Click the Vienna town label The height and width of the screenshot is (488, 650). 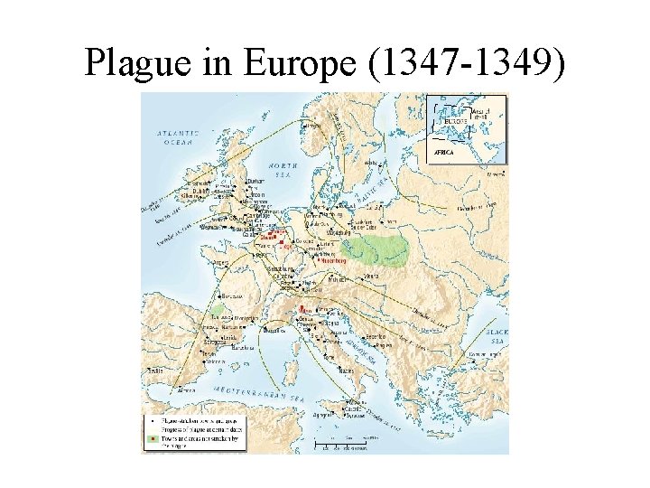click(x=371, y=275)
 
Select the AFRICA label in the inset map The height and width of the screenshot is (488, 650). click(x=445, y=153)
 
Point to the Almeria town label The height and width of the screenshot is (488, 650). click(x=186, y=389)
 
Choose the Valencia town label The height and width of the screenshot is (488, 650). click(x=214, y=361)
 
